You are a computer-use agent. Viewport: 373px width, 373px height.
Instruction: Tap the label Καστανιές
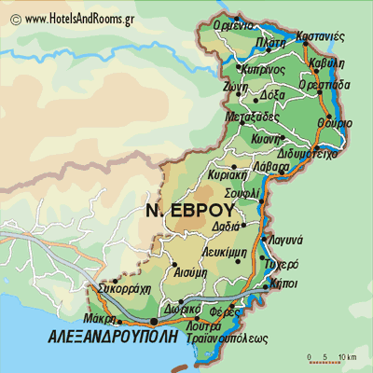[320, 36]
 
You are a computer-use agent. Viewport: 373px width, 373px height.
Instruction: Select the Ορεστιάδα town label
[324, 84]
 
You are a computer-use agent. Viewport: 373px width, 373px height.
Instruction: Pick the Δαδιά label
[226, 226]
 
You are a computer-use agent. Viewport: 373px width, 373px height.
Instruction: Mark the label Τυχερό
[282, 264]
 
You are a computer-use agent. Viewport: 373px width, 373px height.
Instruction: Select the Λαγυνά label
[283, 240]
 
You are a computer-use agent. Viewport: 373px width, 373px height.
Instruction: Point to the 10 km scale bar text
[348, 357]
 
